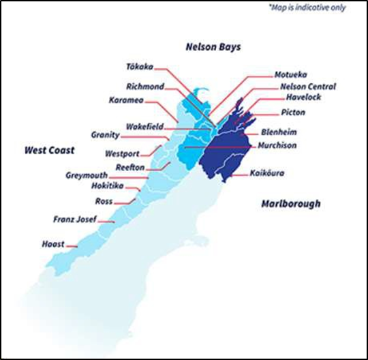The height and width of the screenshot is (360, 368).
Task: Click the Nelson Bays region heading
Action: pyautogui.click(x=213, y=47)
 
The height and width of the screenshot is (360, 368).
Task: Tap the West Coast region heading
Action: pyautogui.click(x=49, y=150)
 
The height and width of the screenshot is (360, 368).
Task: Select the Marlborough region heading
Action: pyautogui.click(x=291, y=203)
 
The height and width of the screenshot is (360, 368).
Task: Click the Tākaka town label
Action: pyautogui.click(x=140, y=67)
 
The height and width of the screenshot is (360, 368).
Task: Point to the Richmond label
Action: pyautogui.click(x=144, y=87)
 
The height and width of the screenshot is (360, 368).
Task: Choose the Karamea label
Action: pyautogui.click(x=125, y=100)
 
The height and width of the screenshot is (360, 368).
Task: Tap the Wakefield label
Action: pyautogui.click(x=144, y=127)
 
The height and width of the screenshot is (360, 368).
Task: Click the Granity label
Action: pyautogui.click(x=105, y=135)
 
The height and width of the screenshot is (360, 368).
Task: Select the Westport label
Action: pyautogui.click(x=122, y=153)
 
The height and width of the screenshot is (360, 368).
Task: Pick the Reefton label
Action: pyautogui.click(x=129, y=166)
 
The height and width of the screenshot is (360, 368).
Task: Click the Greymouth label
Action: pyautogui.click(x=87, y=175)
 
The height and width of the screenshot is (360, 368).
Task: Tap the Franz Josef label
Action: pyautogui.click(x=74, y=220)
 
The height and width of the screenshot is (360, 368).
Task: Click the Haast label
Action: pyautogui.click(x=53, y=243)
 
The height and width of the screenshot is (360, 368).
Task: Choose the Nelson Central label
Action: pyautogui.click(x=307, y=87)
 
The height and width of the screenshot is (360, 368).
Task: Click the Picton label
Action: pyautogui.click(x=293, y=112)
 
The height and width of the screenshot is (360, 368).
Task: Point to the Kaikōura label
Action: pyautogui.click(x=267, y=173)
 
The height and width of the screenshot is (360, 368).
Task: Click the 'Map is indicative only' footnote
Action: pyautogui.click(x=307, y=8)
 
